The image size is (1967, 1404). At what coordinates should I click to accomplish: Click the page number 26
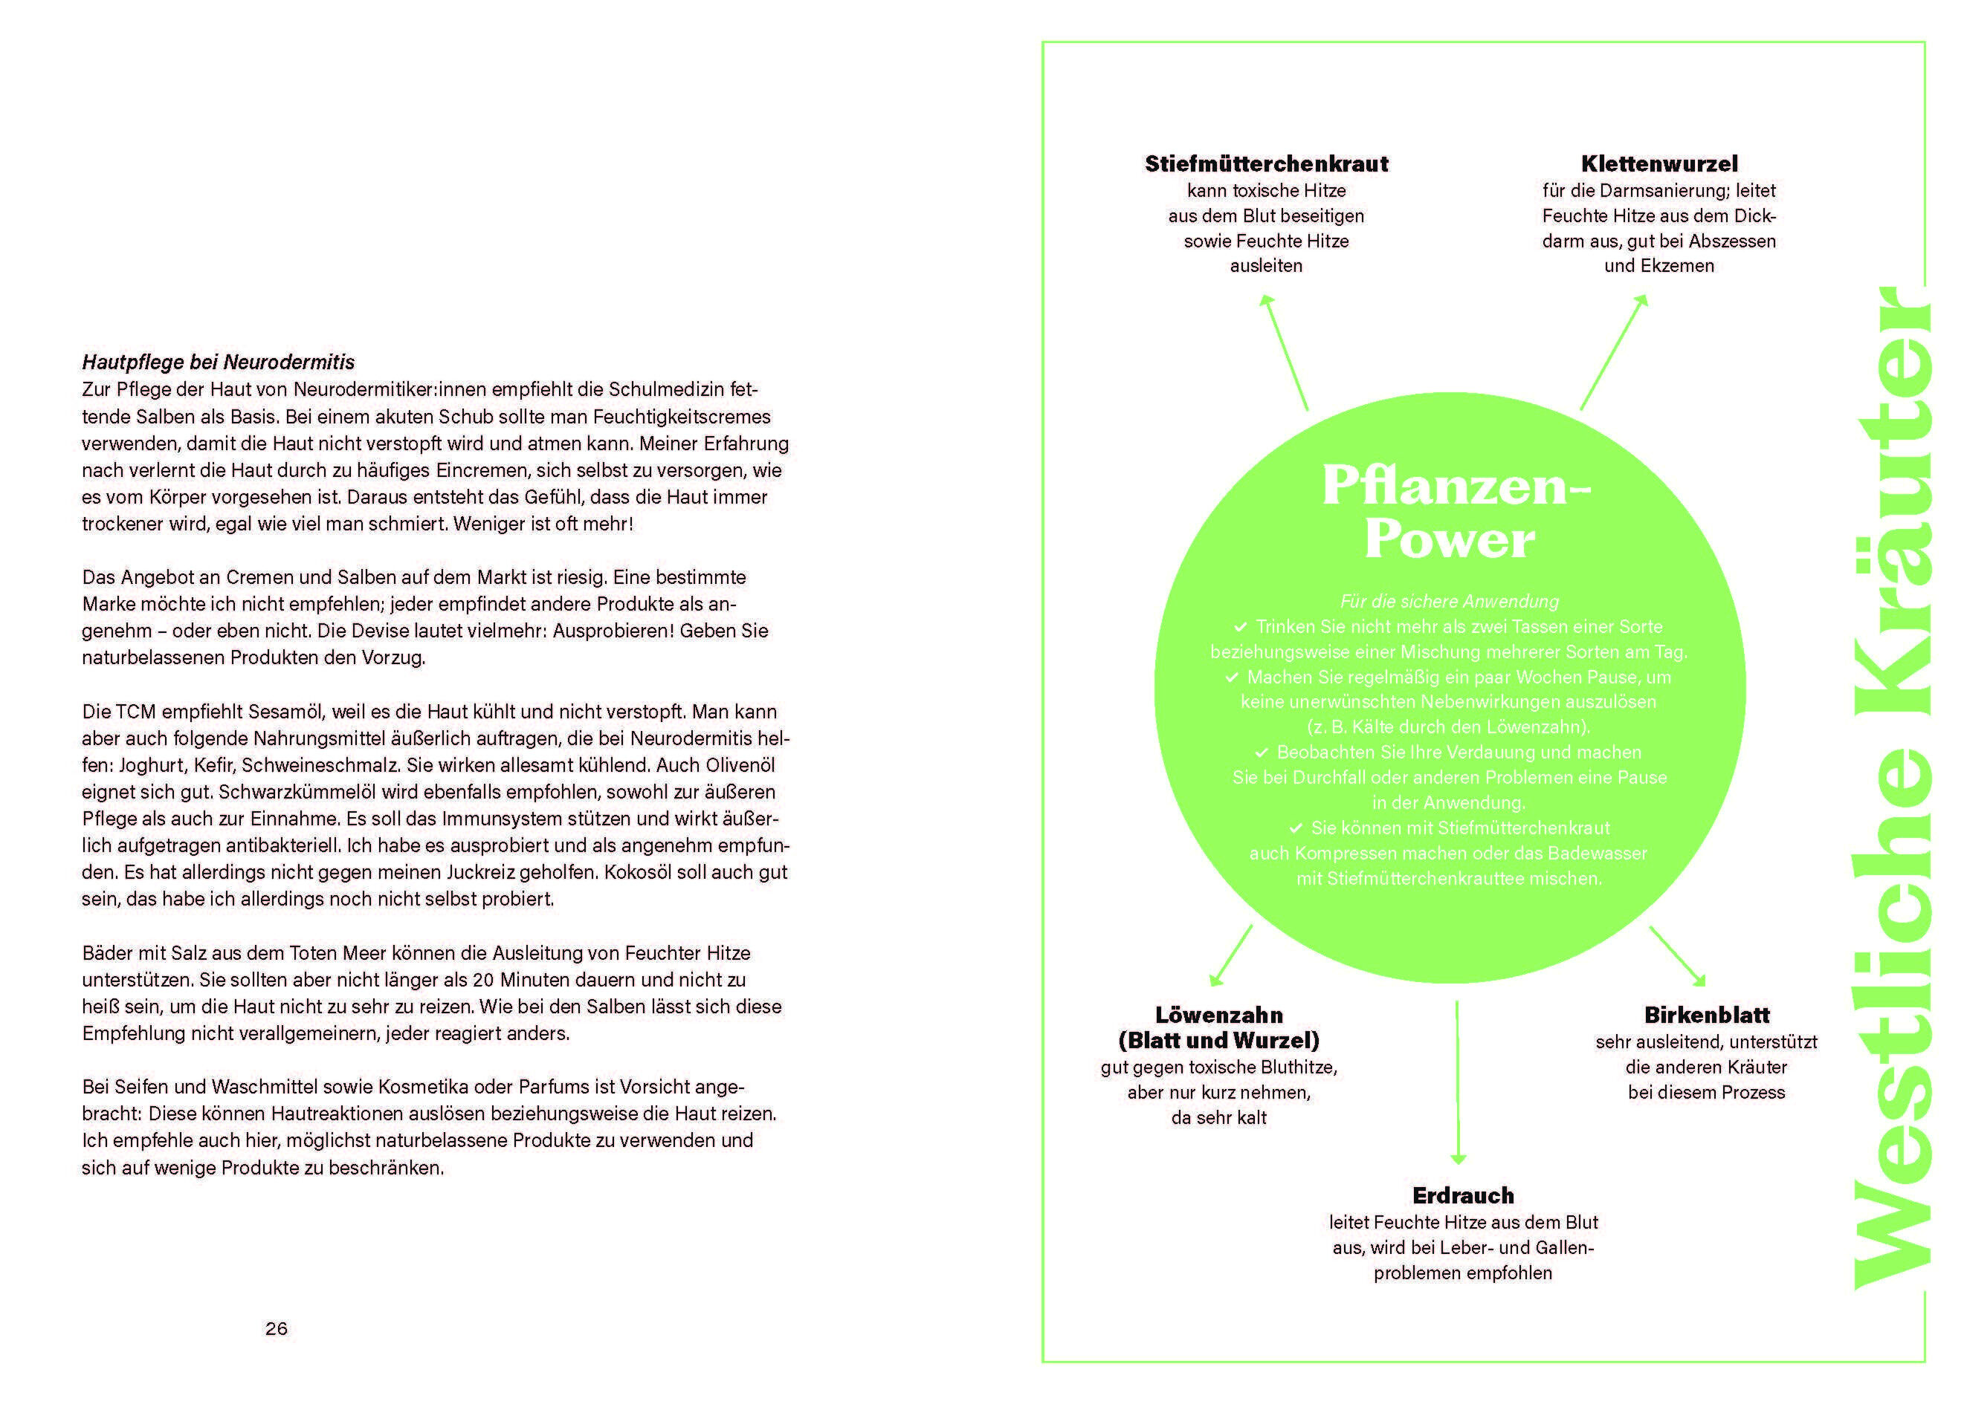pyautogui.click(x=276, y=1328)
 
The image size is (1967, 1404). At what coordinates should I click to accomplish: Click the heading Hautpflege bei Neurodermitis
pyautogui.click(x=218, y=363)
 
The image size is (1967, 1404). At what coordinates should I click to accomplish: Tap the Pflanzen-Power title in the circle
pyautogui.click(x=1456, y=512)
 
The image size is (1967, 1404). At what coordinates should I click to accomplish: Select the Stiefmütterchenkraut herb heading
pyautogui.click(x=1266, y=163)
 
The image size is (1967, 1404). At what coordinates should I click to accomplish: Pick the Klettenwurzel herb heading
pyautogui.click(x=1659, y=163)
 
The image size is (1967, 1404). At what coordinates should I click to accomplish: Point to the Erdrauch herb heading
pyautogui.click(x=1463, y=1196)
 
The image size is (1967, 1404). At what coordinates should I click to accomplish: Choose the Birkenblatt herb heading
pyautogui.click(x=1707, y=1015)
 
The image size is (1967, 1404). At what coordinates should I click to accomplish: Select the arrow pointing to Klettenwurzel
pyautogui.click(x=1614, y=352)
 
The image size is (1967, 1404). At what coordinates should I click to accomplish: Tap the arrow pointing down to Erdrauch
pyautogui.click(x=1458, y=1082)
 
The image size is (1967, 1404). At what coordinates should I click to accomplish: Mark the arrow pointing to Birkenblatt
pyautogui.click(x=1677, y=956)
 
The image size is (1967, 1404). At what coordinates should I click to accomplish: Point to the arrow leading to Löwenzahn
pyautogui.click(x=1230, y=955)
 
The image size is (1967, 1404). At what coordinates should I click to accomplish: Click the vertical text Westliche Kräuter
pyautogui.click(x=1892, y=787)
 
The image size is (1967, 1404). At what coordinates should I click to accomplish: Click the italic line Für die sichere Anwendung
pyautogui.click(x=1450, y=602)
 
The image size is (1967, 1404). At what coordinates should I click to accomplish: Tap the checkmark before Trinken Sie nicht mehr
pyautogui.click(x=1241, y=626)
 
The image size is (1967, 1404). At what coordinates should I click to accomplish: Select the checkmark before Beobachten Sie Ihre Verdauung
pyautogui.click(x=1262, y=752)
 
